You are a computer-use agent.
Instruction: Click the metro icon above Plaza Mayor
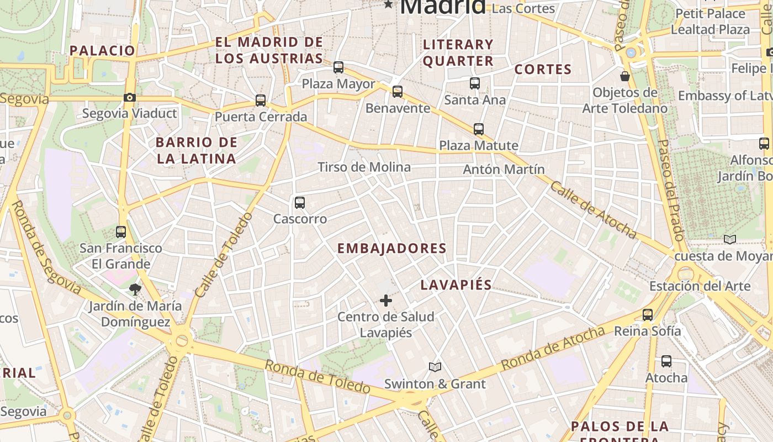pos(338,67)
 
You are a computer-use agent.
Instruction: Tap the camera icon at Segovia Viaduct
pos(130,98)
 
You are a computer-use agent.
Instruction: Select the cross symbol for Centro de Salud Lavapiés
pos(386,301)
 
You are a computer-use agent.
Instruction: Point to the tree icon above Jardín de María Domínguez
pos(135,288)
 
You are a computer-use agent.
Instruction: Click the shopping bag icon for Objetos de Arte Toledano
pos(625,76)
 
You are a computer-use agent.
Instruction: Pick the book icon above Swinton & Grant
pos(435,367)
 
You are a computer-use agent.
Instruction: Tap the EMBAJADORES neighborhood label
pos(391,249)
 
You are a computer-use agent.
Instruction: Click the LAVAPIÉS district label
pos(456,285)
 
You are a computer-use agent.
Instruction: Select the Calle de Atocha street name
pos(593,210)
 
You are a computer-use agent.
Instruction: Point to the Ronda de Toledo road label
pos(317,377)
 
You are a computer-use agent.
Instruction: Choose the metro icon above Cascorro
pos(300,203)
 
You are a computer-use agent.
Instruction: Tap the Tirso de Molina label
pos(364,167)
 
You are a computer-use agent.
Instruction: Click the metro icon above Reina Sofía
pos(648,315)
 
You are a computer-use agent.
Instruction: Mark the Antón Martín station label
pos(504,169)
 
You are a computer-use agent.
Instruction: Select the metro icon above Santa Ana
pos(475,83)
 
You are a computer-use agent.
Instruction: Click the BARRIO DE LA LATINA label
pos(197,150)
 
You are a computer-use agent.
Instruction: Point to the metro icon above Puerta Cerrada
pos(261,101)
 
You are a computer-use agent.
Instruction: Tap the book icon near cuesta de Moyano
pos(730,240)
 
